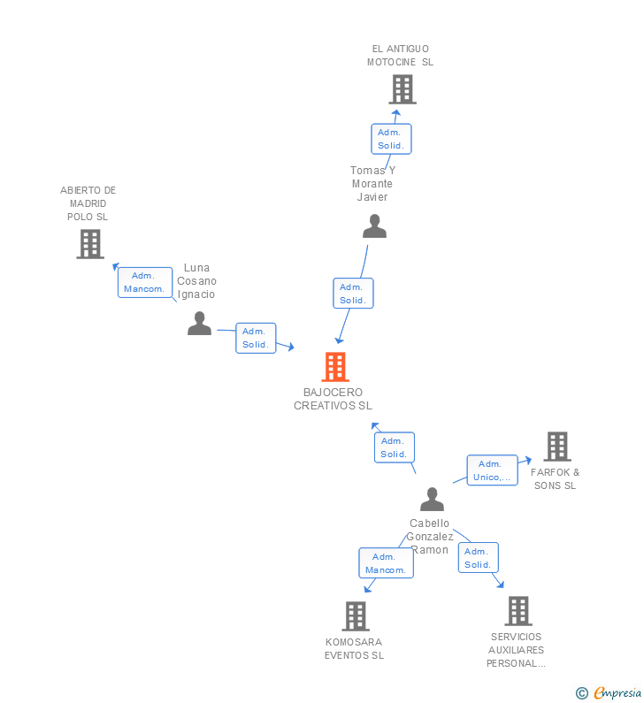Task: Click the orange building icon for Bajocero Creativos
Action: click(x=334, y=367)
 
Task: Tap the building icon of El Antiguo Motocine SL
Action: click(x=402, y=89)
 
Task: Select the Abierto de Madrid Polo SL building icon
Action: click(x=90, y=244)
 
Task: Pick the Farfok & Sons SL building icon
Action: click(x=556, y=447)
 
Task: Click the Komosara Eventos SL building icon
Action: click(x=355, y=616)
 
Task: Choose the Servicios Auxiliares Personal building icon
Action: click(x=517, y=611)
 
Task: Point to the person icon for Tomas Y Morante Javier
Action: click(x=374, y=226)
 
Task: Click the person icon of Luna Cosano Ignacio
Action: click(x=199, y=324)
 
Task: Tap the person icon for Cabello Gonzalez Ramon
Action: click(x=432, y=500)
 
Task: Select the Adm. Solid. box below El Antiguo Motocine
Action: click(x=390, y=139)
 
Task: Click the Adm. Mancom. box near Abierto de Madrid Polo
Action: click(x=145, y=282)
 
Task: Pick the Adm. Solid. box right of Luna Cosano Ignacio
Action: click(x=256, y=338)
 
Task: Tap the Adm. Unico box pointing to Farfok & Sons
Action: click(x=492, y=470)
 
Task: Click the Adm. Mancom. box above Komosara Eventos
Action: click(x=386, y=563)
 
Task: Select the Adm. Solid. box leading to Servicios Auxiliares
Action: click(x=478, y=558)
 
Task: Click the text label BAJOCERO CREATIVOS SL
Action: click(x=333, y=399)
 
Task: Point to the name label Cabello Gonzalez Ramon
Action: click(x=431, y=536)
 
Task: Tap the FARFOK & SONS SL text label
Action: click(x=556, y=478)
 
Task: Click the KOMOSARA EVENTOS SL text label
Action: click(x=354, y=648)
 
